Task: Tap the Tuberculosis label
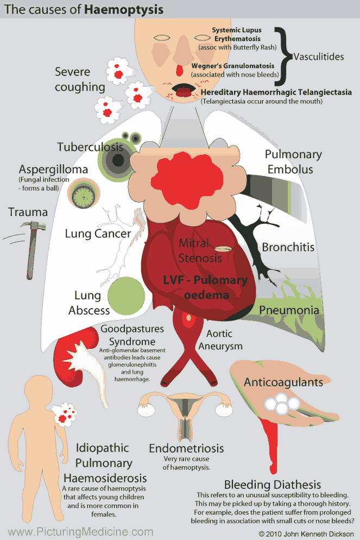click(90, 147)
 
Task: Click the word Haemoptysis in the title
click(124, 10)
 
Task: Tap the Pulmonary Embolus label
click(293, 162)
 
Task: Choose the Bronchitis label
click(288, 247)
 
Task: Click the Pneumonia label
click(288, 310)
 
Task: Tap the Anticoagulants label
click(283, 382)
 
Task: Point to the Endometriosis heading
click(186, 449)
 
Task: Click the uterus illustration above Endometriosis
click(186, 412)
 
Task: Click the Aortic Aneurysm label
click(220, 339)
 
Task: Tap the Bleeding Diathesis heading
click(272, 485)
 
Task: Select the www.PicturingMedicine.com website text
click(81, 532)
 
